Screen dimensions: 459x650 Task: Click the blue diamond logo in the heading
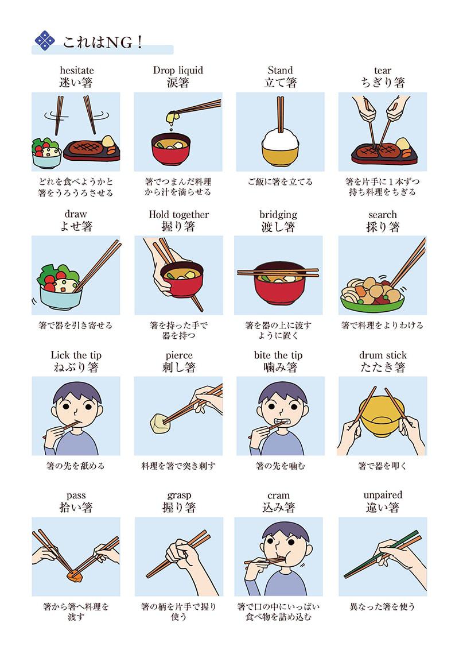coord(45,41)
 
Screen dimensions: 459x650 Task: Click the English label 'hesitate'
coord(77,70)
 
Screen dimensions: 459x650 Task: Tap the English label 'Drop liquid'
coord(178,70)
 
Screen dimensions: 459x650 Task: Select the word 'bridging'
coord(278,215)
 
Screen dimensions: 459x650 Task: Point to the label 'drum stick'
coord(383,355)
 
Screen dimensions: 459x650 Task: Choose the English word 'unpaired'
coord(383,495)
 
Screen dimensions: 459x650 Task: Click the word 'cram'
coord(278,496)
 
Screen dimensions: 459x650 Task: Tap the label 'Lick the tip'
coord(76,355)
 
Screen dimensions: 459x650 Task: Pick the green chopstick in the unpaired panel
coord(381,554)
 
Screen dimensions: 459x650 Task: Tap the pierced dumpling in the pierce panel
coord(159,423)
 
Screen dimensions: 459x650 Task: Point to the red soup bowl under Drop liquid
coord(171,149)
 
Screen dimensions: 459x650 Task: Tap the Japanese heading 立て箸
coord(281,83)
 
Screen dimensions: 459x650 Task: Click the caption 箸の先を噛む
coord(281,466)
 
